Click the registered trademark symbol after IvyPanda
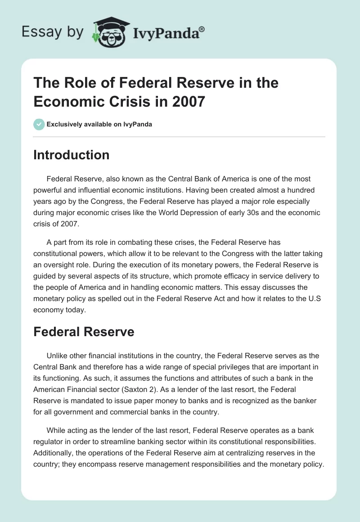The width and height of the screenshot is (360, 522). click(x=202, y=29)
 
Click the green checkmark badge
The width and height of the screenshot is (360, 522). click(x=39, y=124)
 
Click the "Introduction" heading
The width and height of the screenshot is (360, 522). click(x=71, y=155)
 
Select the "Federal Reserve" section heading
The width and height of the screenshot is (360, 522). click(x=84, y=332)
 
